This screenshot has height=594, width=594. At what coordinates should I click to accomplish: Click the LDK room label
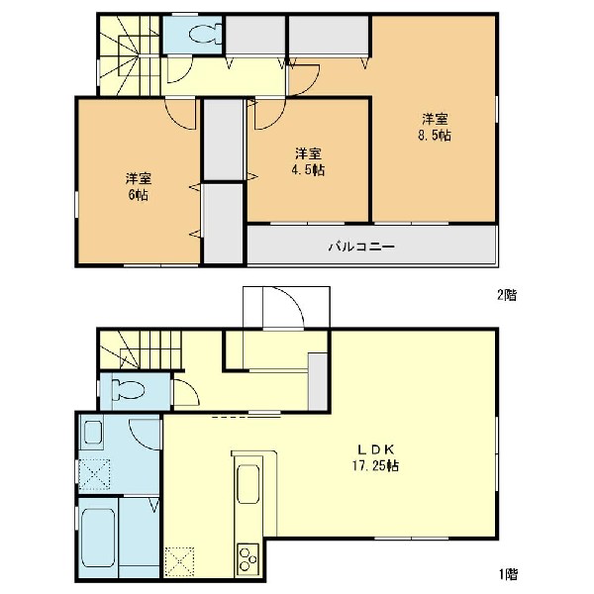[376, 449]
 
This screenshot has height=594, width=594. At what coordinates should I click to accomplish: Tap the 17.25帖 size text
[375, 465]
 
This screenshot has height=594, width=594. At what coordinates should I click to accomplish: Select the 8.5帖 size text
[435, 136]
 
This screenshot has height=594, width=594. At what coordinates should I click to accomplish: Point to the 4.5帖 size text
[308, 170]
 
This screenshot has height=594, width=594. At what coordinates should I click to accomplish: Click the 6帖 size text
[139, 195]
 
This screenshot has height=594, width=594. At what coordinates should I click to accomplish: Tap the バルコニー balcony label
[361, 247]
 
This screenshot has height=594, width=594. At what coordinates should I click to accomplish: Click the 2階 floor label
[507, 295]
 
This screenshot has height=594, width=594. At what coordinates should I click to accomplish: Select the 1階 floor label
[508, 574]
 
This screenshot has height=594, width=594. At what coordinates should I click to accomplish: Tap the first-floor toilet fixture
[128, 390]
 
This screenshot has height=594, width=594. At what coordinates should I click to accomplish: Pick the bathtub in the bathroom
[98, 538]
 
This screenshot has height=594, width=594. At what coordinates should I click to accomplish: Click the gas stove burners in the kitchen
[248, 558]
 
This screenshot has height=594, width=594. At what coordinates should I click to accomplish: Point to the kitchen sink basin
[248, 484]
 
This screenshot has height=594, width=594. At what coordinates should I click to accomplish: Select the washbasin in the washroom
[92, 433]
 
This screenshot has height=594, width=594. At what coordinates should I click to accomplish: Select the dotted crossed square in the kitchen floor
[179, 562]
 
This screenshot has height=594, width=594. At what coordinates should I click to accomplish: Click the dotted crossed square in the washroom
[95, 474]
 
